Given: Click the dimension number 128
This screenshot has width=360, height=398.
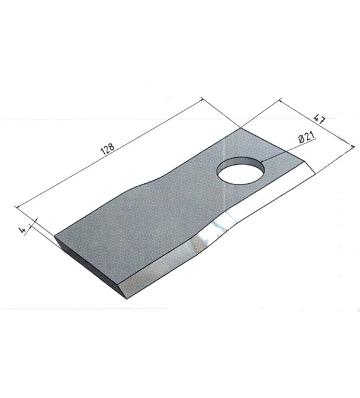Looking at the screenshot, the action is [108, 150].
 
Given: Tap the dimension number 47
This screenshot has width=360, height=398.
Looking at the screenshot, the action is [320, 119].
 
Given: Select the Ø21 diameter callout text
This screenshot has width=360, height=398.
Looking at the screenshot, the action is [306, 138].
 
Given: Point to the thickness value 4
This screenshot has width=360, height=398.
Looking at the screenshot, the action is [22, 230].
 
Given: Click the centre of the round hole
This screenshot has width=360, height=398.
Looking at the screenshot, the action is [241, 170].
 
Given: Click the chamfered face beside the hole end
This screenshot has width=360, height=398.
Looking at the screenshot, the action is [309, 167].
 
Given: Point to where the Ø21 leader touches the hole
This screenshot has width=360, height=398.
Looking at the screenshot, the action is [262, 162].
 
